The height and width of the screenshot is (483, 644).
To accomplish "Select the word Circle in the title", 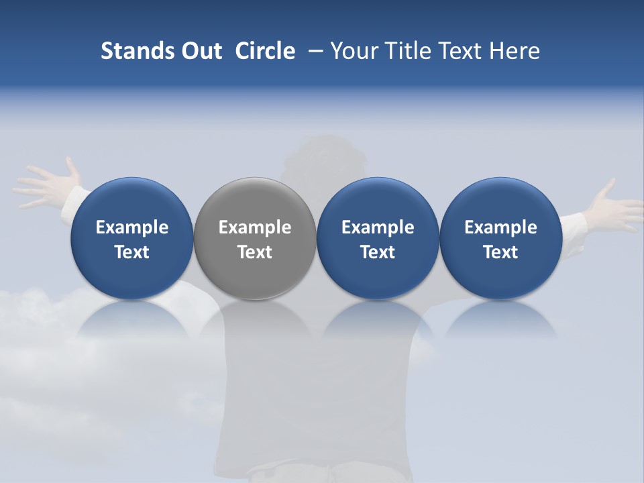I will (265, 51).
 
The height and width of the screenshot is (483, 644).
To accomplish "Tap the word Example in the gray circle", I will (255, 227).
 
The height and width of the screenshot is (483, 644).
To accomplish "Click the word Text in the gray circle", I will (255, 252).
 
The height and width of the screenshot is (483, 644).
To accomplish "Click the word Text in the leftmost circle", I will (131, 252).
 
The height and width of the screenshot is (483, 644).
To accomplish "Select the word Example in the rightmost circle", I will (500, 227).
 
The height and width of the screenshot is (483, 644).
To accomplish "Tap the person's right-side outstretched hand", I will (610, 205).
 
